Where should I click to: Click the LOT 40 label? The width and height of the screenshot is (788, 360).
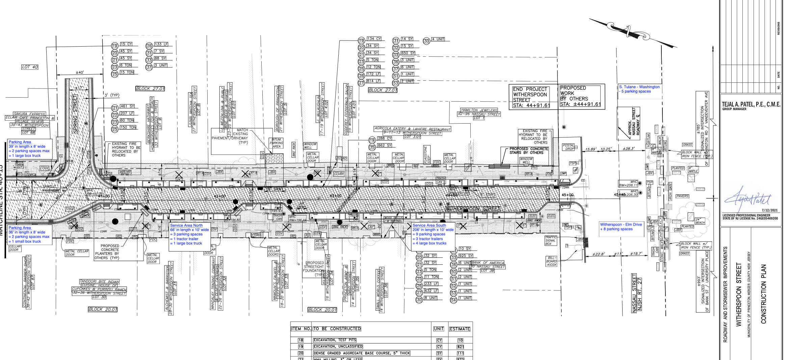pyautogui.click(x=30, y=67)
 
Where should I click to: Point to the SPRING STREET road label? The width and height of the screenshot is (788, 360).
pyautogui.click(x=75, y=114)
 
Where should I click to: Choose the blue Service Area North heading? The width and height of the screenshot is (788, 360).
pyautogui.click(x=186, y=225)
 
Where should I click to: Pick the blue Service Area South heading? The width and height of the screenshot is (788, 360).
pyautogui.click(x=429, y=225)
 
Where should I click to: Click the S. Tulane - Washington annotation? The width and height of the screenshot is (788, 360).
pyautogui.click(x=639, y=87)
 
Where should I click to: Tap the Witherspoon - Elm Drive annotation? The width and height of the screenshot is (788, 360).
pyautogui.click(x=621, y=224)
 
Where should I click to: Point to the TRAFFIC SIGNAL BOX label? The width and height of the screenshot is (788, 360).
pyautogui.click(x=550, y=240)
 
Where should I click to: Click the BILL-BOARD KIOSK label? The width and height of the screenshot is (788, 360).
pyautogui.click(x=551, y=261)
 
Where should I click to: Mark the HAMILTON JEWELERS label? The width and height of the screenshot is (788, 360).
pyautogui.click(x=479, y=110)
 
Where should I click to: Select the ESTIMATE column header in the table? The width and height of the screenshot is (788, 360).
pyautogui.click(x=459, y=329)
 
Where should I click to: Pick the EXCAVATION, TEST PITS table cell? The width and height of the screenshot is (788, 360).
pyautogui.click(x=335, y=340)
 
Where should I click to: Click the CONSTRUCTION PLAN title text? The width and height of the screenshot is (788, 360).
pyautogui.click(x=763, y=294)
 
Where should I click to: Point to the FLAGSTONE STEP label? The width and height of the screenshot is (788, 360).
pyautogui.click(x=426, y=155)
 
